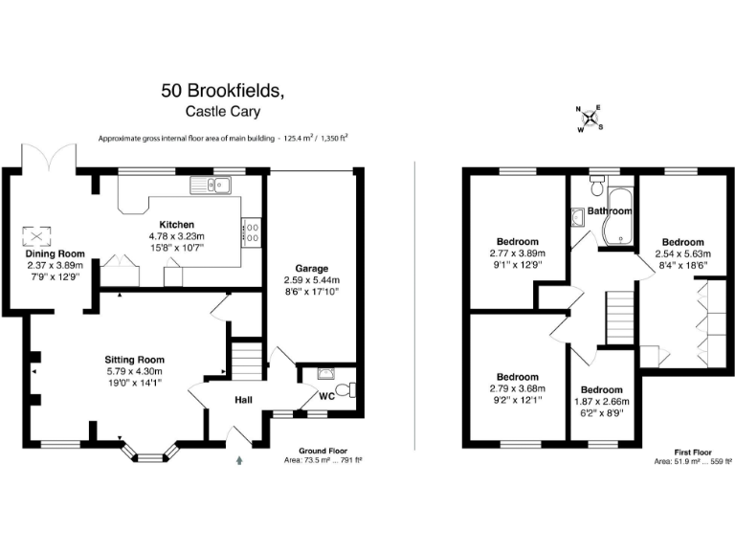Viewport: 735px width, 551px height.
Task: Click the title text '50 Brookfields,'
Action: coord(222,91)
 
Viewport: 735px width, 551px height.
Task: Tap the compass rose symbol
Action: coord(592,120)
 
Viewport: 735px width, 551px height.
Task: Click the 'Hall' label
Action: coord(243,402)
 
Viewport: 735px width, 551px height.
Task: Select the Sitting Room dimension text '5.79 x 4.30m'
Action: coord(134,371)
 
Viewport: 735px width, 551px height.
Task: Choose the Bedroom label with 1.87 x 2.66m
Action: coord(601,390)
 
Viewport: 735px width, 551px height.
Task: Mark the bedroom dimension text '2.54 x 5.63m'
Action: coord(683,253)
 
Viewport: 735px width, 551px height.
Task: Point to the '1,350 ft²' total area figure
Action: coord(329,139)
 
